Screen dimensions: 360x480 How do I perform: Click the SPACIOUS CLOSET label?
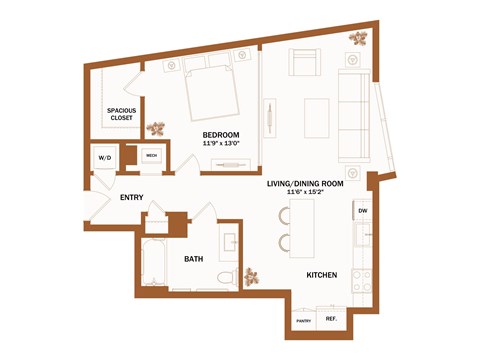point(123,114)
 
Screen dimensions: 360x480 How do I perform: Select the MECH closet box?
point(152,156)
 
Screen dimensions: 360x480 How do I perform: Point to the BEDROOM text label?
point(219,134)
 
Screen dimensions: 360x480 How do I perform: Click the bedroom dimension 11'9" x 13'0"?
point(219,144)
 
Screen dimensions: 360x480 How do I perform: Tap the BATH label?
point(195,259)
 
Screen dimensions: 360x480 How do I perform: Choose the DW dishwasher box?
point(362,212)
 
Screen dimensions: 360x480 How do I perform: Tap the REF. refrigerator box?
point(330,321)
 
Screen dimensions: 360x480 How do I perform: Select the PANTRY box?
point(302,321)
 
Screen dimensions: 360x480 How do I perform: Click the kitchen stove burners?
point(365,280)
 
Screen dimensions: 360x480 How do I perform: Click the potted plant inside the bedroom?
point(156,129)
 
